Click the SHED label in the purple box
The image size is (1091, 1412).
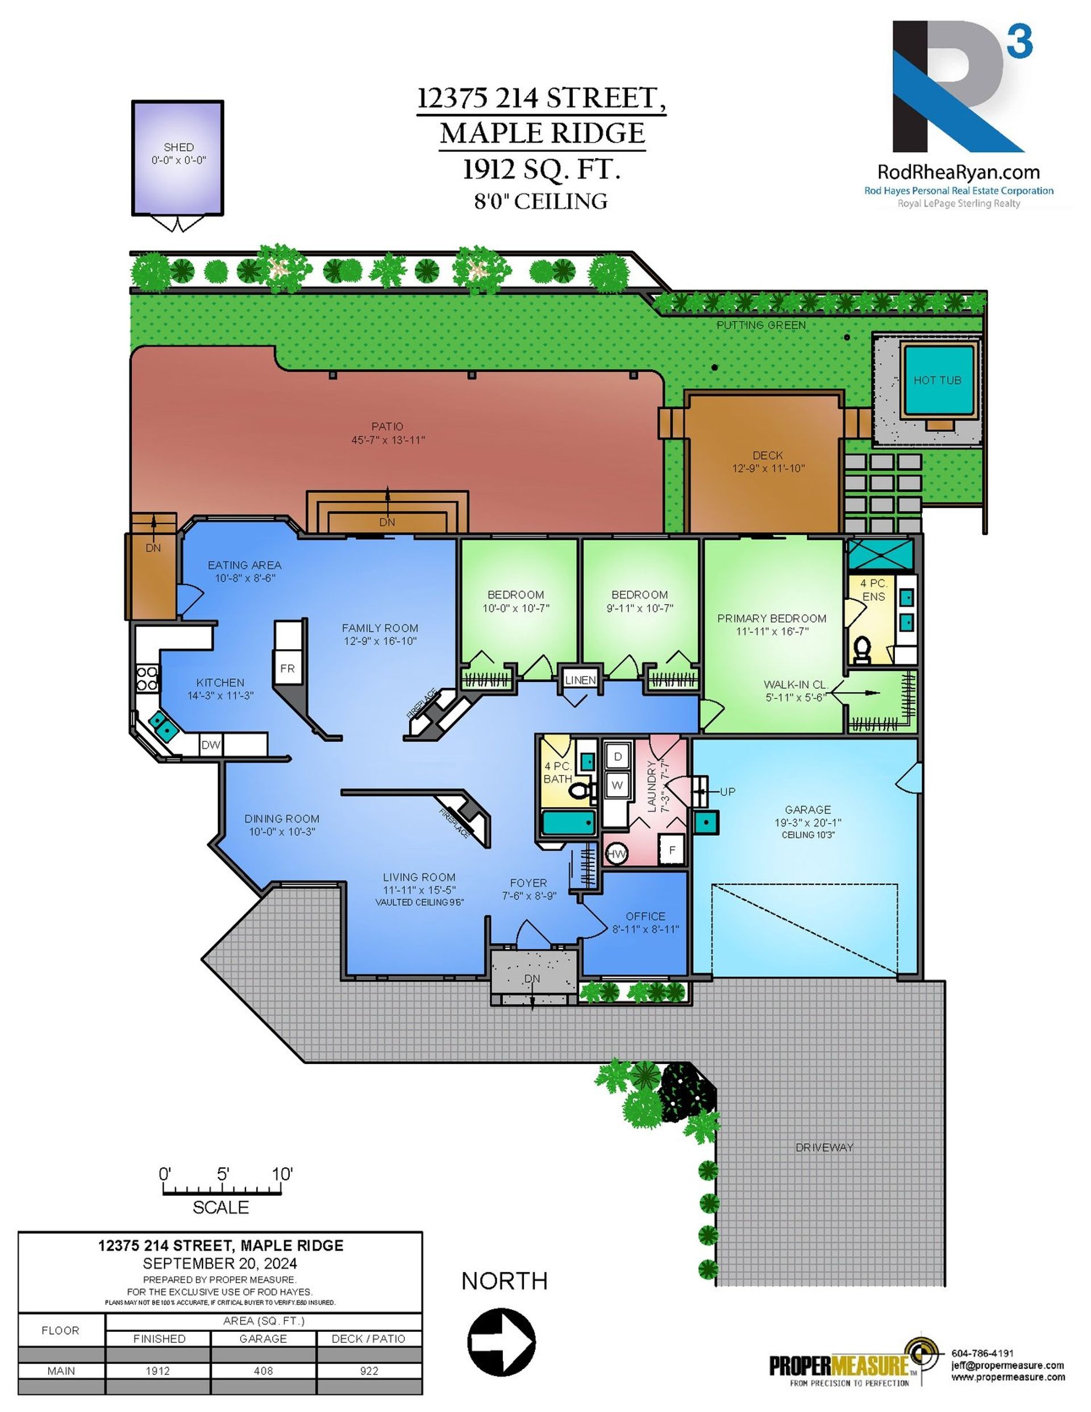[x=178, y=147]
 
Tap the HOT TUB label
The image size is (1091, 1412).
[x=937, y=380]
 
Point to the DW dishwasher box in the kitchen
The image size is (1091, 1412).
[x=211, y=745]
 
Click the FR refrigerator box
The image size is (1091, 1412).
[x=288, y=668]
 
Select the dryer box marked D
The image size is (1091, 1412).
[x=618, y=757]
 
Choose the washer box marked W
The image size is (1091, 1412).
[x=617, y=785]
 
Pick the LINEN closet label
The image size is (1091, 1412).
[x=580, y=680]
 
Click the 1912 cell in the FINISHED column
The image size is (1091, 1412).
[x=158, y=1371]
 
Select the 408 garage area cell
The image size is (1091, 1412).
[x=264, y=1371]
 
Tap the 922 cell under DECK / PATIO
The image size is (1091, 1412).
[x=369, y=1371]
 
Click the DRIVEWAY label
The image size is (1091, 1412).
[x=825, y=1147]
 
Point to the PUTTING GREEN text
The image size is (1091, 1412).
[x=761, y=325]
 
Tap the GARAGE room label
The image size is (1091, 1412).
[x=808, y=809]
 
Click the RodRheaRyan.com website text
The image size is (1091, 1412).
[x=959, y=172]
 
